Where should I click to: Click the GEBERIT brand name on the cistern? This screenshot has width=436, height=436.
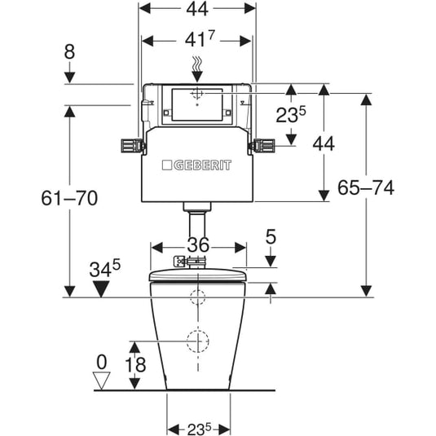pyautogui.click(x=202, y=165)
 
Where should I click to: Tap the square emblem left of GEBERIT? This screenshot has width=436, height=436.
pyautogui.click(x=167, y=165)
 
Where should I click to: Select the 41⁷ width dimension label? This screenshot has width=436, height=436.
pyautogui.click(x=200, y=39)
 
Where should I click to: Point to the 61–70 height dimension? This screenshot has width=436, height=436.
pyautogui.click(x=69, y=198)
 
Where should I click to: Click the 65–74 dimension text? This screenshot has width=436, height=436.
pyautogui.click(x=366, y=187)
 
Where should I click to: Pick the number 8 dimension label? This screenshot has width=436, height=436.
pyautogui.click(x=69, y=51)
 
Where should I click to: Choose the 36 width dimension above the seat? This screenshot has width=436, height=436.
pyautogui.click(x=198, y=244)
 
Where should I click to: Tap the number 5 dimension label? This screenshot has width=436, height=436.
pyautogui.click(x=271, y=236)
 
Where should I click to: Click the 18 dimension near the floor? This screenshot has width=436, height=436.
pyautogui.click(x=135, y=364)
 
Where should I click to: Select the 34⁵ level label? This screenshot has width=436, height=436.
pyautogui.click(x=104, y=268)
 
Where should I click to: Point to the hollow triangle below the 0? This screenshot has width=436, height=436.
pyautogui.click(x=101, y=381)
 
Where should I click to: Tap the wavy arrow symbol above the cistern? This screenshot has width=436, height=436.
pyautogui.click(x=197, y=69)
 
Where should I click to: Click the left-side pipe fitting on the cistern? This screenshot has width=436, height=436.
pyautogui.click(x=133, y=146)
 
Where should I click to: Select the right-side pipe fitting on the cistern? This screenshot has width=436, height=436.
pyautogui.click(x=262, y=146)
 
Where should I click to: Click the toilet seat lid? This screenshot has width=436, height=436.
pyautogui.click(x=198, y=275)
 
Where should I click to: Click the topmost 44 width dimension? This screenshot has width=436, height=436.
pyautogui.click(x=197, y=9)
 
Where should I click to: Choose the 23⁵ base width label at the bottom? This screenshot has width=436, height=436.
pyautogui.click(x=200, y=429)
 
